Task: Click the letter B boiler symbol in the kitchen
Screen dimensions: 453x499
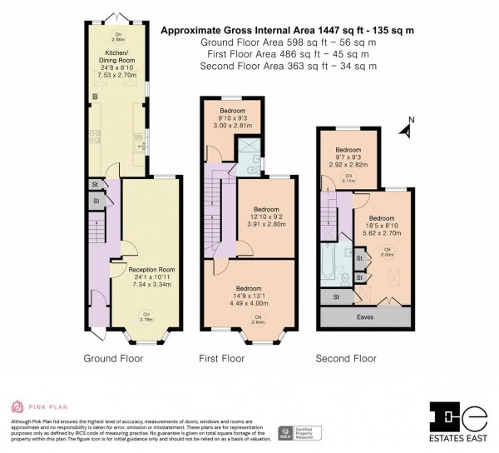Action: pos(95,98)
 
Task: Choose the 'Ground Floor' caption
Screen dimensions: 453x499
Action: pos(113,360)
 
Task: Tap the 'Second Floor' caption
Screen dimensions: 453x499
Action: pos(346,360)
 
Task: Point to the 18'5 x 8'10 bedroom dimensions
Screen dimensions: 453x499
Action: pos(383,217)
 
